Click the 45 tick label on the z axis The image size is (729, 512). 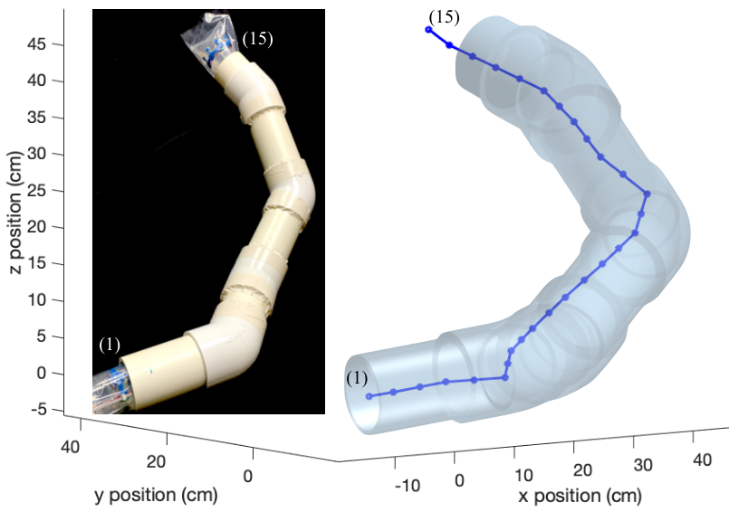[x=37, y=44]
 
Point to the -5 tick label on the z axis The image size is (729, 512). [x=39, y=410]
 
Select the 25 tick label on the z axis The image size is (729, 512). [x=37, y=191]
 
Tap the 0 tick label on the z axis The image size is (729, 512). [x=42, y=373]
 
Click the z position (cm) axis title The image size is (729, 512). [x=15, y=213]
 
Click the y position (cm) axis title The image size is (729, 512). [x=156, y=495]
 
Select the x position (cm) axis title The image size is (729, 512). [x=580, y=496]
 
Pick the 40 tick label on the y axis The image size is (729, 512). [x=71, y=447]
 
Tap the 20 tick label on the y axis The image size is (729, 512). [x=156, y=462]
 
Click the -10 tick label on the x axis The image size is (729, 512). [x=408, y=486]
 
